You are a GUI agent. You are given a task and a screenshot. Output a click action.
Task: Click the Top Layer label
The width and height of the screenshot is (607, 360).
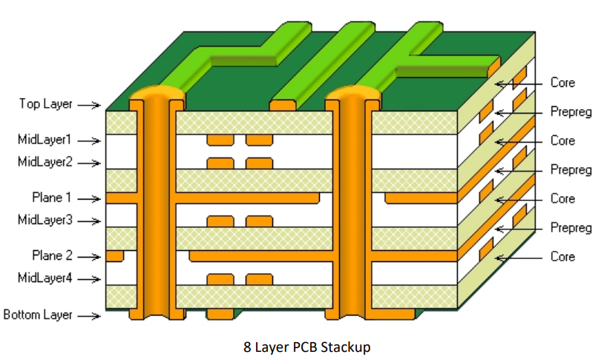46,104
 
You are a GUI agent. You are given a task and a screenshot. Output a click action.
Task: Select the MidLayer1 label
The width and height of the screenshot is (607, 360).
45,140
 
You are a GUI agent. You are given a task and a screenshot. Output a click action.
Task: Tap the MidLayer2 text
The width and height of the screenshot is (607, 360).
45,162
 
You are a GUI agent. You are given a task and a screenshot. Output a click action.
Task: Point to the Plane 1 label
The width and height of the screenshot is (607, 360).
51,197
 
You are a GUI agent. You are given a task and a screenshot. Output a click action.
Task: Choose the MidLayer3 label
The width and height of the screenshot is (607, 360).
45,220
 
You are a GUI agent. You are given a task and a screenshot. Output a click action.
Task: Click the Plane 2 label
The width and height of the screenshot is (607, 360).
51,256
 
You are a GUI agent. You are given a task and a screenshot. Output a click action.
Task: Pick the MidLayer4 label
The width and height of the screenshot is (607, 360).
45,278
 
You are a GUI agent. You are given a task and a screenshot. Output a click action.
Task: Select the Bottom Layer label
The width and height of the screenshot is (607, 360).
38,315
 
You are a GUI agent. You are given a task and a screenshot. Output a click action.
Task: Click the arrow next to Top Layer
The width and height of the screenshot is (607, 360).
88,105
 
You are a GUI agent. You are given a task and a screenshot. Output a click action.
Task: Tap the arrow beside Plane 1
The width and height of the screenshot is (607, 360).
88,199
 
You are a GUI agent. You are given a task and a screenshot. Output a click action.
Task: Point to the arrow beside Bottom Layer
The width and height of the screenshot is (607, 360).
88,316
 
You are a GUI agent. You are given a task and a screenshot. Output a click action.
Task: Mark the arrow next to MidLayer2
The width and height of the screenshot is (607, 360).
88,163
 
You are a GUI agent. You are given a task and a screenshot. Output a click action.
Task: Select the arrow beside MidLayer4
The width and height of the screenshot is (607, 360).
88,280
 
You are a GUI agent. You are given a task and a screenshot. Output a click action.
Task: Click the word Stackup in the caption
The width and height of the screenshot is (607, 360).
346,347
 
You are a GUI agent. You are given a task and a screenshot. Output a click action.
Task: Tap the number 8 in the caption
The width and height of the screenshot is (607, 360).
247,347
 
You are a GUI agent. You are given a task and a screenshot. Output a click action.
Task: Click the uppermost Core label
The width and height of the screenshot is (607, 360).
562,82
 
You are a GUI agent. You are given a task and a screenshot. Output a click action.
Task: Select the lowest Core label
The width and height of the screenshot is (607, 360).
562,257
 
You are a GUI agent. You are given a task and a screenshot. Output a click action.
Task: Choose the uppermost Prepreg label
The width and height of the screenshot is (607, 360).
571,112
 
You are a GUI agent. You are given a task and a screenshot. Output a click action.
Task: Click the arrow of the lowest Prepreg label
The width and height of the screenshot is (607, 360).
519,227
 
